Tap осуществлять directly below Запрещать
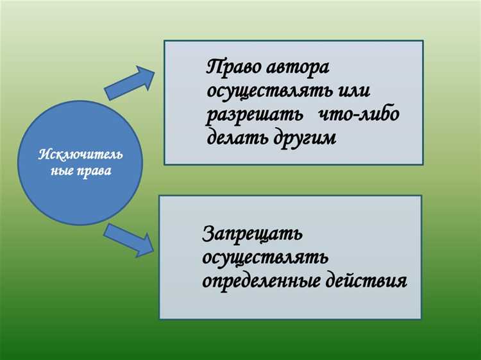point(266,257)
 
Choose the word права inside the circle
point(93,172)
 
